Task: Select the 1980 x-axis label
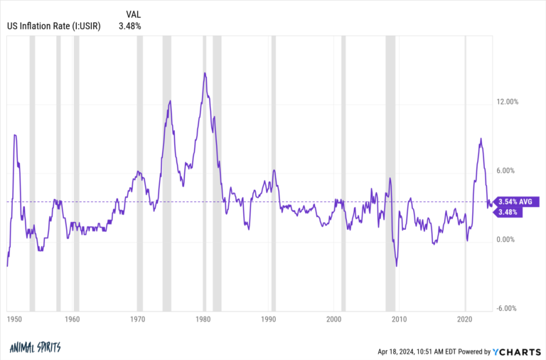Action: [x=203, y=319]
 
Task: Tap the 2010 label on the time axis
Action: [x=400, y=319]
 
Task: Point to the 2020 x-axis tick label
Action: [x=465, y=319]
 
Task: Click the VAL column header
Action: [x=133, y=14]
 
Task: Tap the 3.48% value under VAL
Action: [x=130, y=26]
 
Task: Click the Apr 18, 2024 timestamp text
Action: [x=422, y=351]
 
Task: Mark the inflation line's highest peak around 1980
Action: [x=205, y=73]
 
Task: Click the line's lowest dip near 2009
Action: [x=396, y=266]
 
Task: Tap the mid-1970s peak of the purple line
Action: [x=170, y=101]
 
